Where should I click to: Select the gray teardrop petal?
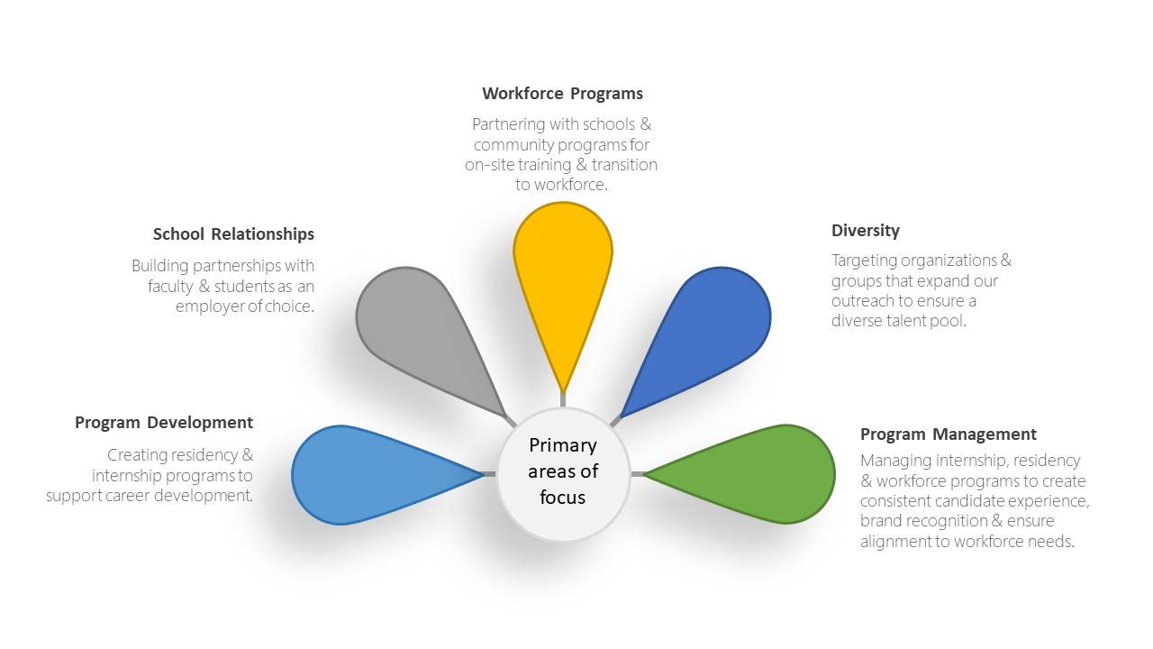point(422,330)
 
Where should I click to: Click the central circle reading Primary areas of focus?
point(563,474)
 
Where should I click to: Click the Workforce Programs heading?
point(563,94)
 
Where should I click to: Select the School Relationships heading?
point(233,234)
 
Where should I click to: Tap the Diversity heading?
point(866,231)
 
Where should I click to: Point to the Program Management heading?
point(949,434)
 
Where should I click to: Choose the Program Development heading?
point(164,423)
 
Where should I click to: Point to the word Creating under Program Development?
point(137,455)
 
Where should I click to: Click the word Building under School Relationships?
point(160,266)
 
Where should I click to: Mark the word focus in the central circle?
point(563,497)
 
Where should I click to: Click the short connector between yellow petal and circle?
point(563,400)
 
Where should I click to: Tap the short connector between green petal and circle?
point(637,474)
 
